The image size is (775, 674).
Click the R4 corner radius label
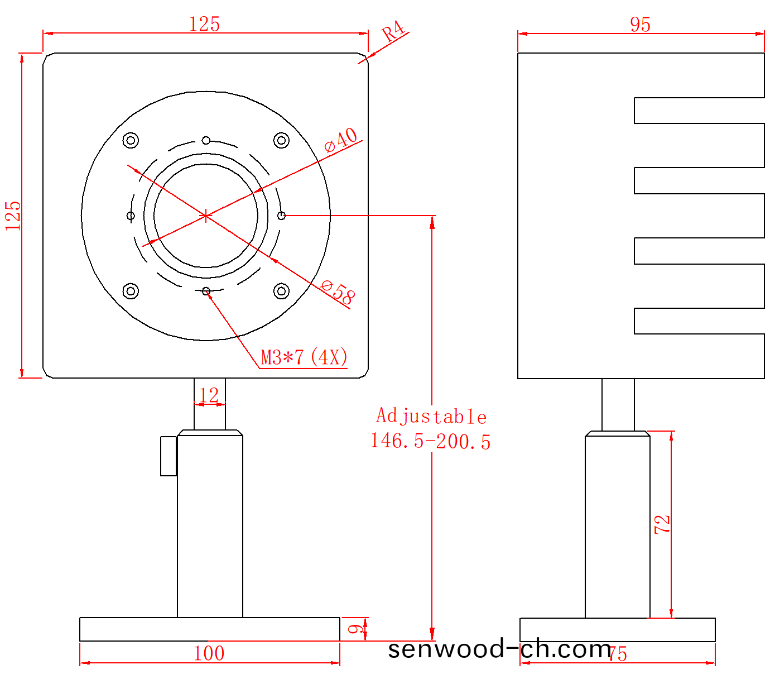point(393,31)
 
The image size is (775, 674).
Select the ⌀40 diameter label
point(341,140)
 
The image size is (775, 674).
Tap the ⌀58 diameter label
point(338,291)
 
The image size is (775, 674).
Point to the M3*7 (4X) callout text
point(305,357)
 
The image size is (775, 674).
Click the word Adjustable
point(431,417)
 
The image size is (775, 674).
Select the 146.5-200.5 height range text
point(430,441)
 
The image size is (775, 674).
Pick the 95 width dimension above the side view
point(640,25)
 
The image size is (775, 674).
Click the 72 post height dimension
point(662,524)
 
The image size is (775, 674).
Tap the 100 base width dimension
point(209,653)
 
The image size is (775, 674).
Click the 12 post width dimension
point(209,395)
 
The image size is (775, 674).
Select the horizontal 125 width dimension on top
point(205,24)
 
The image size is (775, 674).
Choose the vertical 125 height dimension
point(13,216)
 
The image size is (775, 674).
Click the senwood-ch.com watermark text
point(499,649)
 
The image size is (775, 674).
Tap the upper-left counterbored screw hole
point(131,140)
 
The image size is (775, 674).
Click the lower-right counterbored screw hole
point(281,291)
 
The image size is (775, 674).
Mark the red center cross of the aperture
point(206,216)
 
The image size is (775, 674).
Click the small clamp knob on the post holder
point(169,456)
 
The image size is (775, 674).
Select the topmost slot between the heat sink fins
point(699,111)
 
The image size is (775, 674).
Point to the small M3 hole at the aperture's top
point(206,140)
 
